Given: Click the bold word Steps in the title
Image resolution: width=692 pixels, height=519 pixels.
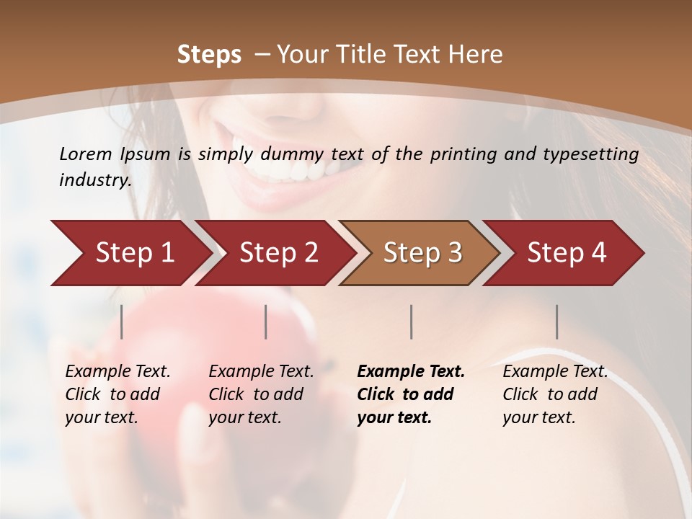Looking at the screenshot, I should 209,55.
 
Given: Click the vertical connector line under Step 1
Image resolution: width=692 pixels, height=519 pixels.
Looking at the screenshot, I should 122,321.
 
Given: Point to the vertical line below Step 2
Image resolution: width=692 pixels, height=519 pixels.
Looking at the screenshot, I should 266,321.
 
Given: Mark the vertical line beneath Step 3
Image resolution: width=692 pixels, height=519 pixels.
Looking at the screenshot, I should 412,321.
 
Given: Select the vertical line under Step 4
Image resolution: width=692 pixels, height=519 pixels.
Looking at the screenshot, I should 557,321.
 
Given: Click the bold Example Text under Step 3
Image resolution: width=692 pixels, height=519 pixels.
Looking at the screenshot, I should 411,394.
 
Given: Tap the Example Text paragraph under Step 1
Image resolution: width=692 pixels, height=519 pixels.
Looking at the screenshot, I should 117,394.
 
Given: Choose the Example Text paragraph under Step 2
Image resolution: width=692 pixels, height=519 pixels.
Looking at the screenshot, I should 261,394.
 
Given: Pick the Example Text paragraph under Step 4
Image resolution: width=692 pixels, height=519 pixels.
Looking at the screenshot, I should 555,394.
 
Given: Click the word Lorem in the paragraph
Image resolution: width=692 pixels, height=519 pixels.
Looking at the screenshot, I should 84,154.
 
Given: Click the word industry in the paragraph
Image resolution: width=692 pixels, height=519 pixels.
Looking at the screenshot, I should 94,179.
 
